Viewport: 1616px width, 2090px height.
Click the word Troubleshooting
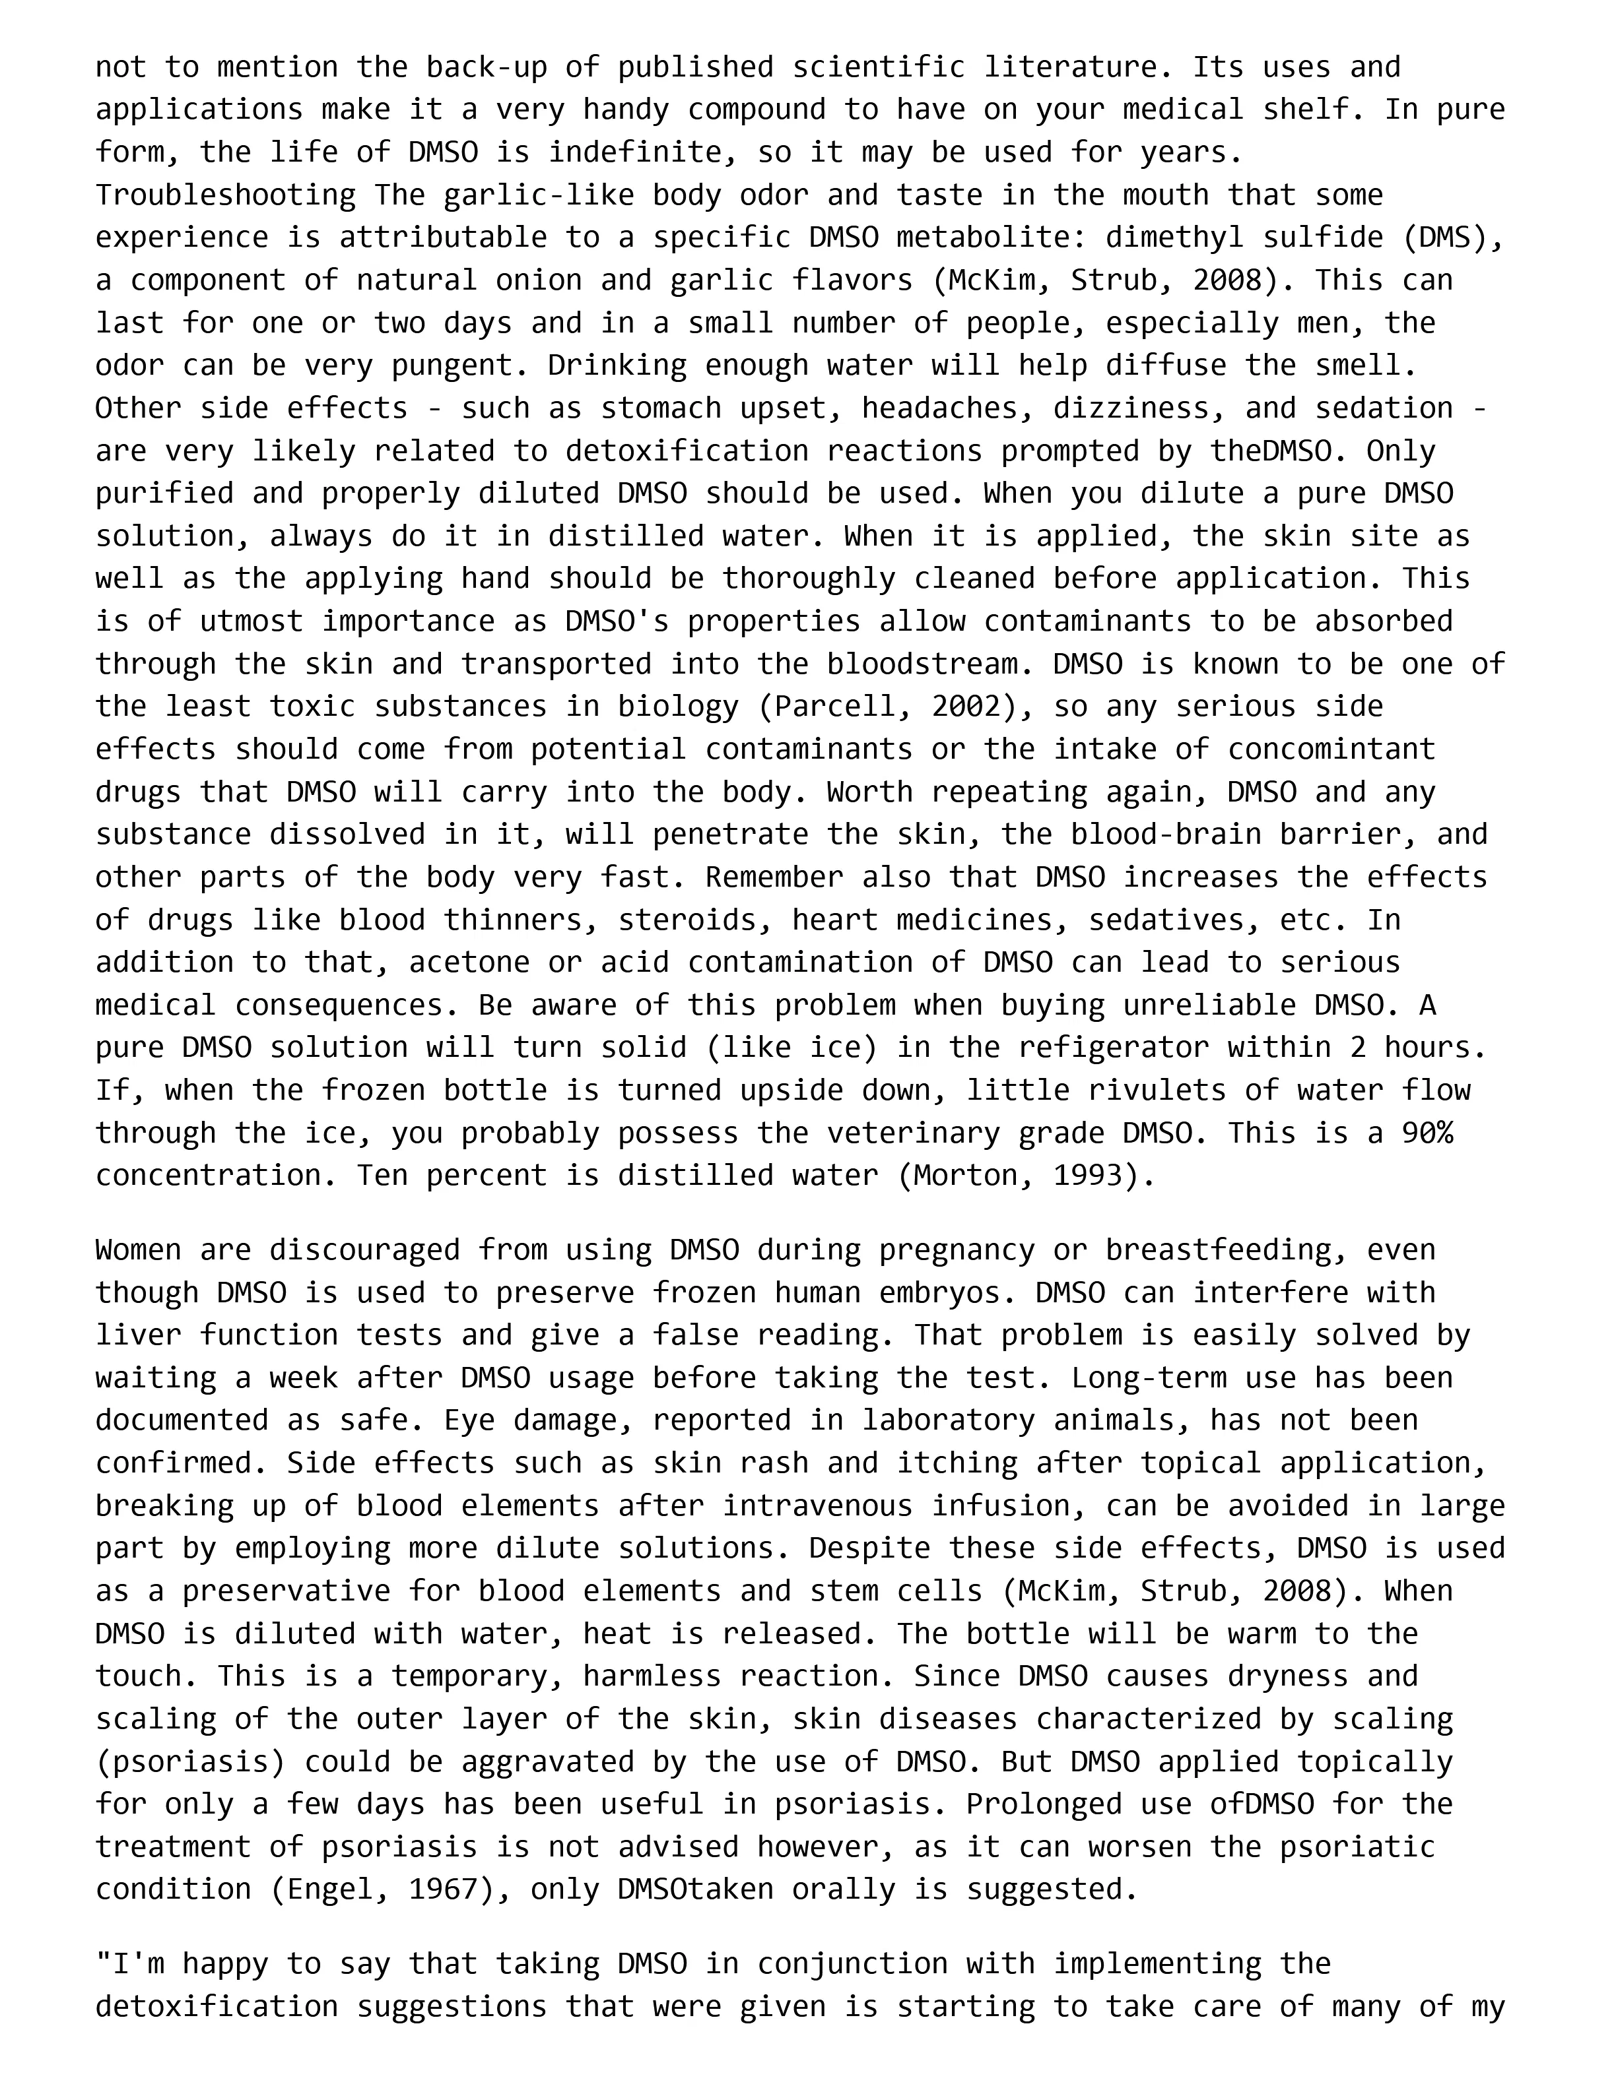point(225,195)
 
